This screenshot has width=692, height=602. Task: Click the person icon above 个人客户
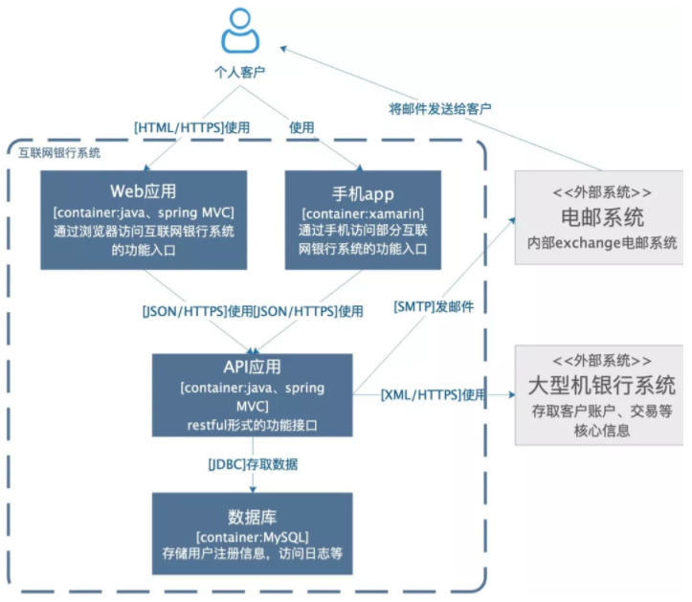coord(240,32)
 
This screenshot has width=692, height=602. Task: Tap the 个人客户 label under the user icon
coord(239,72)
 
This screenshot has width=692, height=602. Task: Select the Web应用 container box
coord(144,220)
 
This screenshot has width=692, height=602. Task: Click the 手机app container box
coord(364,220)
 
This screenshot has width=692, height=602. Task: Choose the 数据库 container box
coord(252,533)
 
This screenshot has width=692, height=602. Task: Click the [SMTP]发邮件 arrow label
coord(435,307)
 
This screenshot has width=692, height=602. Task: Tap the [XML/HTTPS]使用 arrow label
coord(434,393)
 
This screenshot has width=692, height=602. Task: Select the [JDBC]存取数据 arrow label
coord(253,464)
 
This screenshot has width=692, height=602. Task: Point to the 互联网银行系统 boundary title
coord(59,152)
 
